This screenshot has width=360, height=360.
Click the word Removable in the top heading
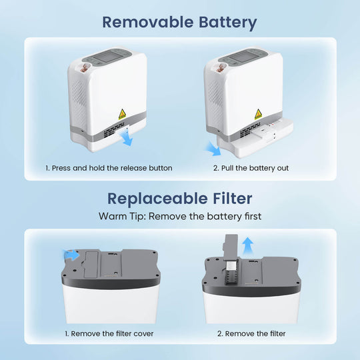pyautogui.click(x=148, y=22)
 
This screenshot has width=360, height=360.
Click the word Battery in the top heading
pyautogui.click(x=228, y=23)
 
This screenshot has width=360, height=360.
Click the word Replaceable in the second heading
pyautogui.click(x=157, y=199)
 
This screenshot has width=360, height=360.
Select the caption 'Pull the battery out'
pyautogui.click(x=255, y=168)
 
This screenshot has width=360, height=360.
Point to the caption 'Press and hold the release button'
pyautogui.click(x=112, y=168)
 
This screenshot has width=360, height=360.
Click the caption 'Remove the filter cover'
pyautogui.click(x=112, y=333)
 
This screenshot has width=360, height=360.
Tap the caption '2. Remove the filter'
pyautogui.click(x=251, y=333)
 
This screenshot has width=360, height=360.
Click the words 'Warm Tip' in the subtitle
pyautogui.click(x=122, y=217)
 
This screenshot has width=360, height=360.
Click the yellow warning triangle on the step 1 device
pyautogui.click(x=122, y=114)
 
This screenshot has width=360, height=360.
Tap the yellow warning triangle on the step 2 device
pyautogui.click(x=258, y=114)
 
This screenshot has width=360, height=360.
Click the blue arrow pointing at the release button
pyautogui.click(x=127, y=139)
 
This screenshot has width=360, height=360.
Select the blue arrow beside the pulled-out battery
pyautogui.click(x=213, y=149)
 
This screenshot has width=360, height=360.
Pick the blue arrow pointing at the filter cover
pyautogui.click(x=71, y=255)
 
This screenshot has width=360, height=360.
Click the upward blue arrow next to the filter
pyautogui.click(x=248, y=246)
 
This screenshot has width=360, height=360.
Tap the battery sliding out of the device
pyautogui.click(x=255, y=138)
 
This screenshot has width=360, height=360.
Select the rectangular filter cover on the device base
pyautogui.click(x=91, y=265)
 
